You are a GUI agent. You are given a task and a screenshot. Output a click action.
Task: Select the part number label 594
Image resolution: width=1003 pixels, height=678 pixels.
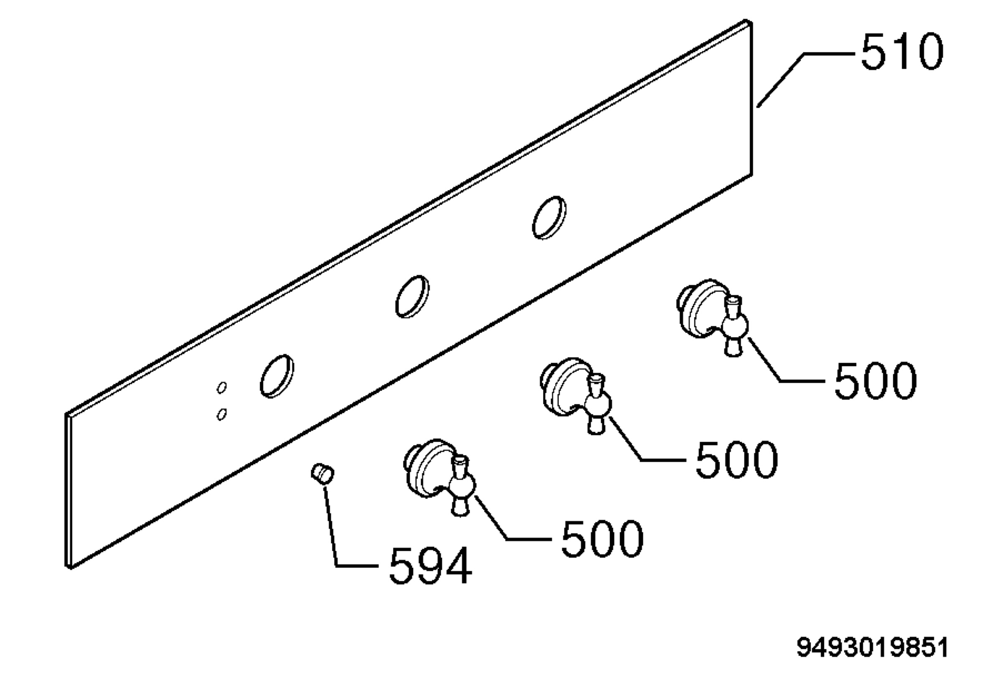point(430,566)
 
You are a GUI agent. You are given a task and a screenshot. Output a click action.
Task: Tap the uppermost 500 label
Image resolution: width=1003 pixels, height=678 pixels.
point(875,380)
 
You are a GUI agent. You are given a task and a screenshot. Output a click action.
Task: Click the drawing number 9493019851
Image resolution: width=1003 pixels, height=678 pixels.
point(872,647)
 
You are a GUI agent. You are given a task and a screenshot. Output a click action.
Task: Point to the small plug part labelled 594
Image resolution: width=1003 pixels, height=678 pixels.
point(322,474)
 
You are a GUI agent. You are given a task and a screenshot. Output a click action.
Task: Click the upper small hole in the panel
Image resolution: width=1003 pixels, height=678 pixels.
point(222,387)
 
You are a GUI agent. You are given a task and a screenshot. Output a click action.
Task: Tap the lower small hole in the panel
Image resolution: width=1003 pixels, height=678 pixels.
point(221,414)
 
